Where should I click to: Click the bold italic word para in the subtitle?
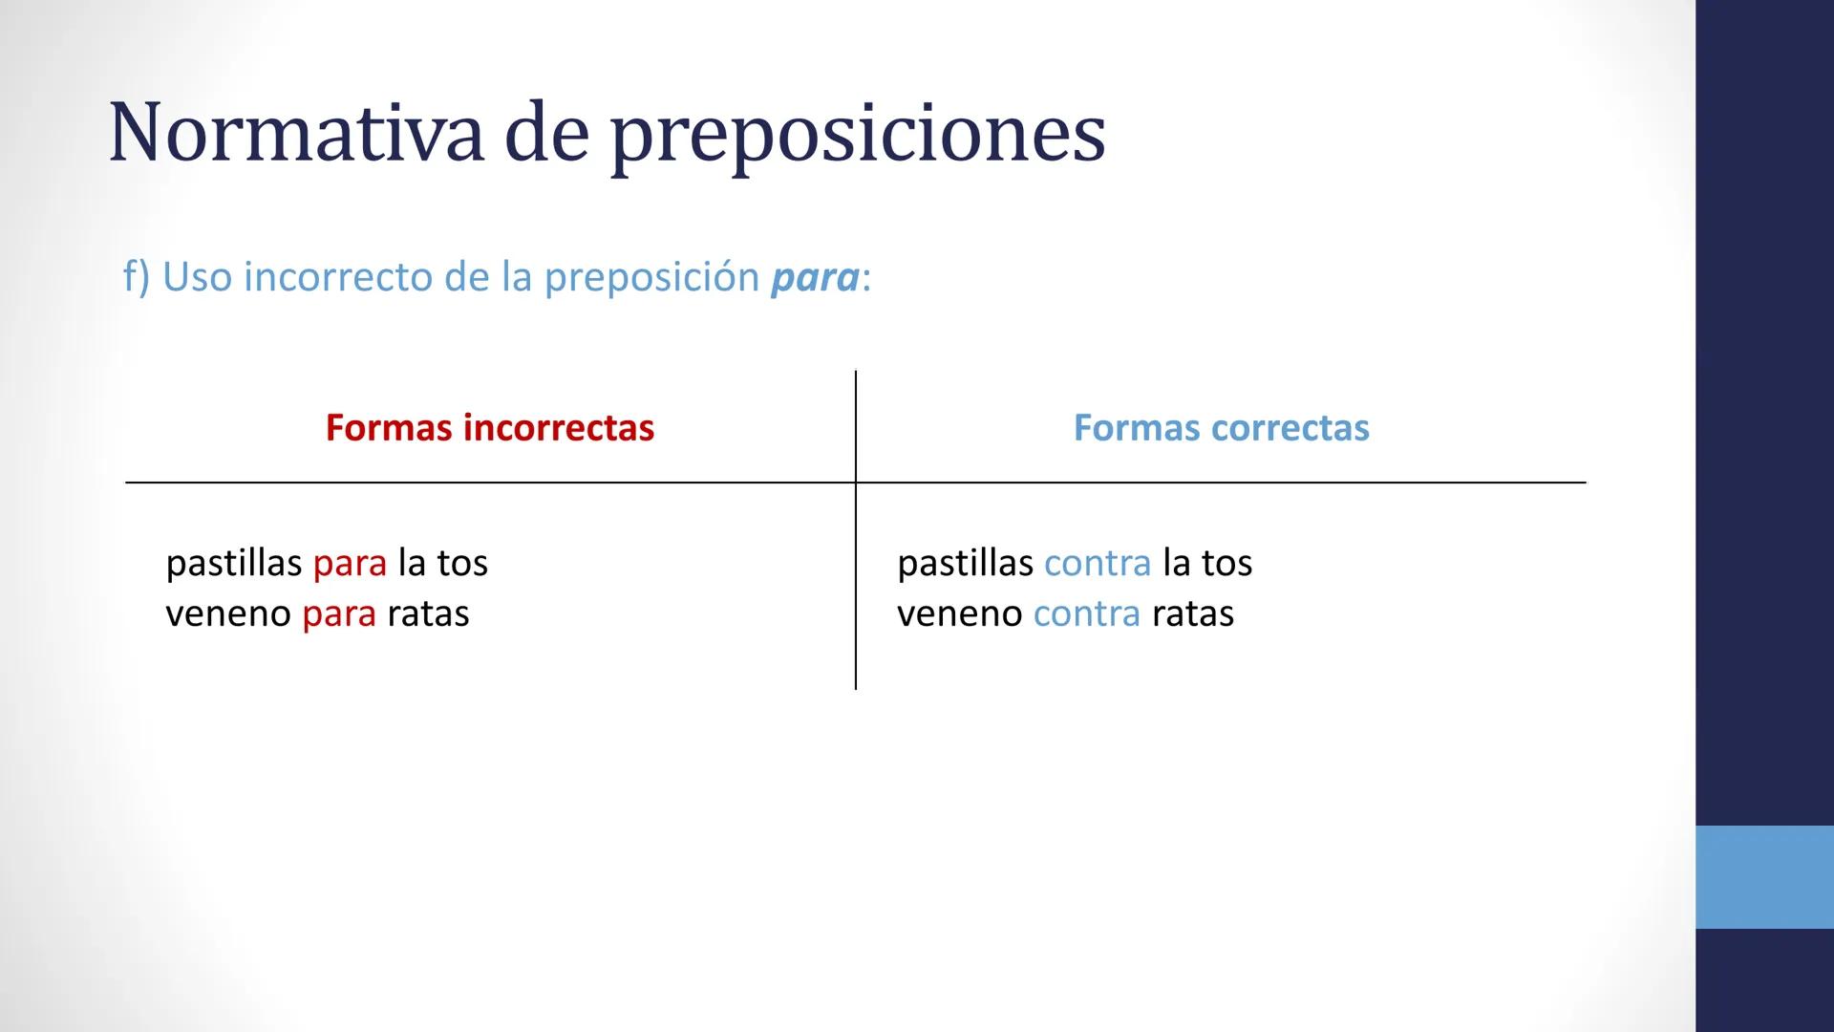[815, 277]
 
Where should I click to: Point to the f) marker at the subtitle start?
[137, 277]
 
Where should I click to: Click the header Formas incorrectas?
[489, 427]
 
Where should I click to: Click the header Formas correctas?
[1221, 427]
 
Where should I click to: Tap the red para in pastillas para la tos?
[350, 563]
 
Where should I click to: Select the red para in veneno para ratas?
[339, 613]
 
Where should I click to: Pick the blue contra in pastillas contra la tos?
[1098, 563]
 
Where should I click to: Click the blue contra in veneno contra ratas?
[1086, 613]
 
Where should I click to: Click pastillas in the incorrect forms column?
[233, 563]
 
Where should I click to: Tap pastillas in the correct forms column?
[965, 563]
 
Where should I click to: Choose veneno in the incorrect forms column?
[228, 613]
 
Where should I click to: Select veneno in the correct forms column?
[959, 613]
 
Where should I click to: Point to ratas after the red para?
[428, 613]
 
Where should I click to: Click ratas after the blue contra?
[1192, 613]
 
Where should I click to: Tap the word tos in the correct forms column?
[1226, 563]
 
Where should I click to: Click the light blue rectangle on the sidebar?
[1764, 877]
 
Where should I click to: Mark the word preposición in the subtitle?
[651, 277]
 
